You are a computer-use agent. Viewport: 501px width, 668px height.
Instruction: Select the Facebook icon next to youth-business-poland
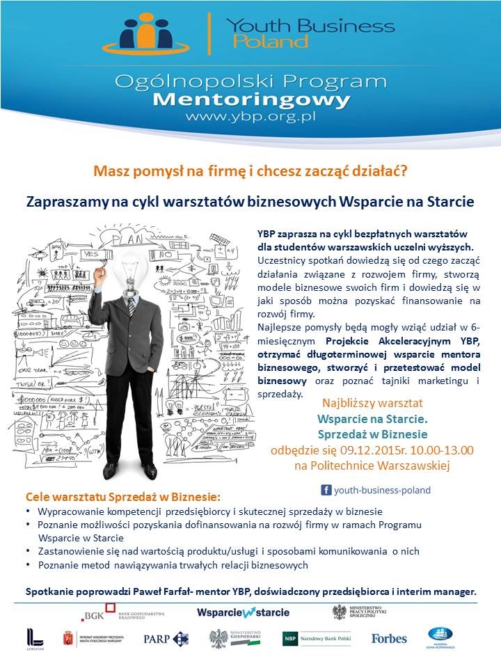[x=325, y=490]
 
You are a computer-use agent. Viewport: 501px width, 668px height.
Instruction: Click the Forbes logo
[x=389, y=638]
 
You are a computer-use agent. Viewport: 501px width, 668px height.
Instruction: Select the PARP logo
[x=166, y=638]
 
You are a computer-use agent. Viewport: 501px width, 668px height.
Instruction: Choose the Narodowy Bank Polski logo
[x=317, y=638]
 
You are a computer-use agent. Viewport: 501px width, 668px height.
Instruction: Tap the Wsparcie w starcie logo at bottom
[x=243, y=613]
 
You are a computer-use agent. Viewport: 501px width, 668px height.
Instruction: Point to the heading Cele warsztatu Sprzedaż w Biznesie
[x=122, y=498]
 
